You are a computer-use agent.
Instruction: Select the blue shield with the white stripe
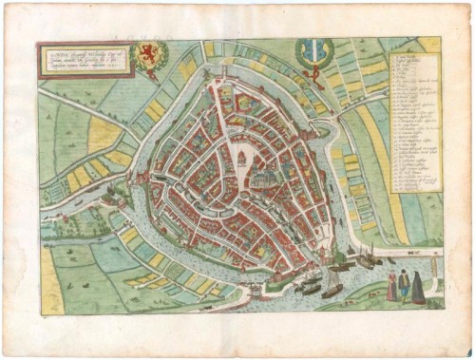click(x=313, y=50)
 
